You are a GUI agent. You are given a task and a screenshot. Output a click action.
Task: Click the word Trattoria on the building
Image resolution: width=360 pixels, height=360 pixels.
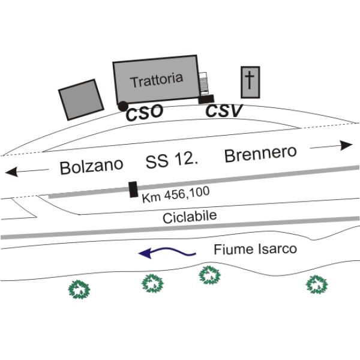(157, 80)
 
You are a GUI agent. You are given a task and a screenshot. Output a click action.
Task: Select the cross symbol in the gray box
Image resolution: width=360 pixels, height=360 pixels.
(250, 80)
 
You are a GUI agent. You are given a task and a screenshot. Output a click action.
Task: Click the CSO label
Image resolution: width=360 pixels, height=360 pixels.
(144, 113)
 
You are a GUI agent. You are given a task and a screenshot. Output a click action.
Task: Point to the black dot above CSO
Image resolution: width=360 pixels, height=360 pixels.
(122, 106)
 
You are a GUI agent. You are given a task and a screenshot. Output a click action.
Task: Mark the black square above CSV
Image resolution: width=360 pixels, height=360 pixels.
(207, 98)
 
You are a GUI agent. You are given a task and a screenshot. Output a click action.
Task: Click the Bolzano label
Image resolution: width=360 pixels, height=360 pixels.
(92, 166)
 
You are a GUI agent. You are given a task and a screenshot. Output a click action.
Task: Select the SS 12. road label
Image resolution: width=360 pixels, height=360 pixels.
(172, 161)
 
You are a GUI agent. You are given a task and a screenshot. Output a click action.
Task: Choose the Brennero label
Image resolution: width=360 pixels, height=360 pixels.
(260, 154)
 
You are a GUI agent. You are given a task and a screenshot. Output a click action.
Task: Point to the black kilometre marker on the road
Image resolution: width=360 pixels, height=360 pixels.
(133, 189)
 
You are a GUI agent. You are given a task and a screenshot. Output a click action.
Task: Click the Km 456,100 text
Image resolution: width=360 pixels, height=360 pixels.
(172, 196)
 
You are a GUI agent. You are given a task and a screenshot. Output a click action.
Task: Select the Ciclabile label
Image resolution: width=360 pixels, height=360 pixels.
(190, 217)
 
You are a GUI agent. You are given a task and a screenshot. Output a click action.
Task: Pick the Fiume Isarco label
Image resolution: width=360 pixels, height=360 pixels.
(255, 248)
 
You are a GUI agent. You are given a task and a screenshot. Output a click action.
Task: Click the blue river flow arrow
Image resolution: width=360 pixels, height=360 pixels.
(167, 253)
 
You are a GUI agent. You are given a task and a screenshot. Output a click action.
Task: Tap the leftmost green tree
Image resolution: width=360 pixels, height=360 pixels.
(80, 289)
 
